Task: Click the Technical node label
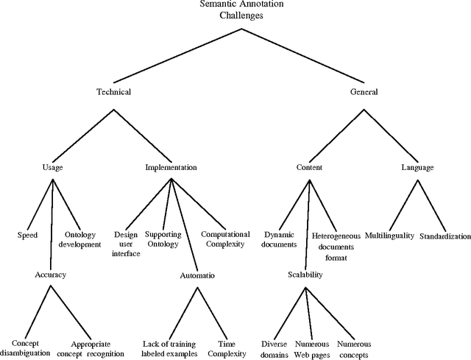[x=113, y=92]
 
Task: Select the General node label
[x=364, y=92]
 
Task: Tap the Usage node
[x=53, y=167]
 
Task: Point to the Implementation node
[x=171, y=167]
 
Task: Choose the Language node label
[x=417, y=167]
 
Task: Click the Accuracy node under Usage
[x=50, y=275]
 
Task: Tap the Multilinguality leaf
[x=389, y=236]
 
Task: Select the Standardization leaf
[x=445, y=237]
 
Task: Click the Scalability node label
[x=305, y=275]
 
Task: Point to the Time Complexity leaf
[x=233, y=348]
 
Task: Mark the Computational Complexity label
[x=222, y=239]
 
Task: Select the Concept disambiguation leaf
[x=25, y=348]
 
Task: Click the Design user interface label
[x=126, y=243]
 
